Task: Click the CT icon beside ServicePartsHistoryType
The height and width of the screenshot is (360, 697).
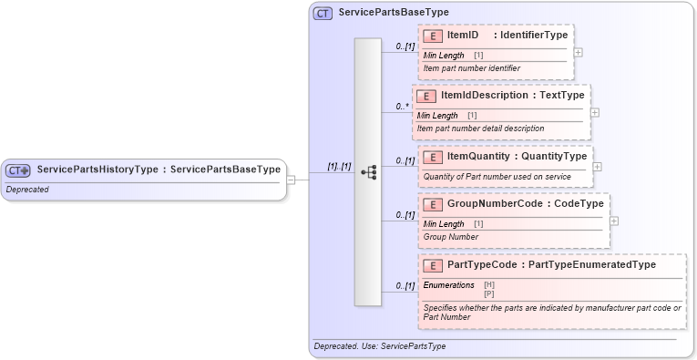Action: [x=18, y=170]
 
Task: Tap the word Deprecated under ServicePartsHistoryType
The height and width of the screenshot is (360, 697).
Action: [x=27, y=190]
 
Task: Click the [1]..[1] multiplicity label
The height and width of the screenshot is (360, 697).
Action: [x=339, y=167]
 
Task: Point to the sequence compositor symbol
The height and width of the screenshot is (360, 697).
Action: [x=368, y=171]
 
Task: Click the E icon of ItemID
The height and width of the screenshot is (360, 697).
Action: [x=435, y=36]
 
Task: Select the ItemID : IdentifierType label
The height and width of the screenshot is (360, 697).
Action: [x=507, y=36]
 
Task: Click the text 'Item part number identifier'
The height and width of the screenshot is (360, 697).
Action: [x=472, y=68]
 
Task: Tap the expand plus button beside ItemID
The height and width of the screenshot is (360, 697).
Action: [x=579, y=52]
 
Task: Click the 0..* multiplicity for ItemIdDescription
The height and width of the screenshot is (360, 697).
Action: [x=401, y=107]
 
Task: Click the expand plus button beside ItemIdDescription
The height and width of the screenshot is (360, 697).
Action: [x=595, y=112]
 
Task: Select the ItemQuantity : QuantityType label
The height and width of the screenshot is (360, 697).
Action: [x=518, y=157]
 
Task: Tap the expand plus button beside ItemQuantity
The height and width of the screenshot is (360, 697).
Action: [x=598, y=167]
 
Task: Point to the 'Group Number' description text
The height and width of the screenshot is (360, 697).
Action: [x=451, y=237]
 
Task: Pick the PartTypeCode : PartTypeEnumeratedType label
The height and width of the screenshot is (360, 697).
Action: [x=551, y=265]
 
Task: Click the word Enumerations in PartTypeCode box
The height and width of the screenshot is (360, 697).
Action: [x=449, y=285]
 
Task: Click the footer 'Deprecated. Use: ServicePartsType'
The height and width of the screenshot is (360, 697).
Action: [x=379, y=346]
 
